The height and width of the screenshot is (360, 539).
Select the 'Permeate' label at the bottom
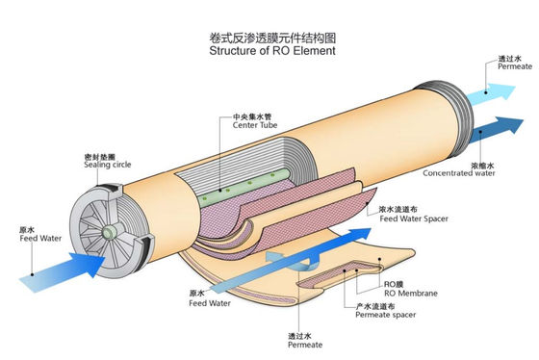click(x=305, y=344)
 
